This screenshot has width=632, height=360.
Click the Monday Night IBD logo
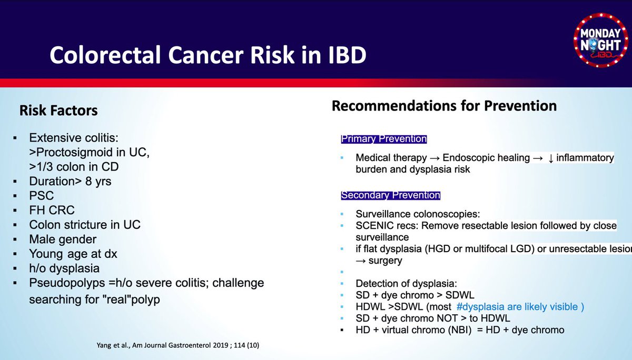pos(601,40)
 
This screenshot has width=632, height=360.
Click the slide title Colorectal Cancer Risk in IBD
pos(208,55)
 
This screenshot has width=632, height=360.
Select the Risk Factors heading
pos(58,110)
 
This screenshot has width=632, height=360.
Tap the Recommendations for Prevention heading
pos(444,106)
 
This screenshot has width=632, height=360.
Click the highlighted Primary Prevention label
pos(384,139)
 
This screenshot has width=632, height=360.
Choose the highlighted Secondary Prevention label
pos(390,195)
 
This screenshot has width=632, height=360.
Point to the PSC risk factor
pos(42,196)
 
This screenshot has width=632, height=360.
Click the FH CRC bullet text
pos(52,210)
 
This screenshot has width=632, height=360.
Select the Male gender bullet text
pos(63,239)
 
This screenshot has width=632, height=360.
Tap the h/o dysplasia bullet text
pos(64,268)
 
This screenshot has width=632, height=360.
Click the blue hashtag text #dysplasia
pos(480,306)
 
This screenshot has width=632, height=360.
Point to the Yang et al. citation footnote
pos(178,345)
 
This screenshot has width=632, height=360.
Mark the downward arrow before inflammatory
pos(550,158)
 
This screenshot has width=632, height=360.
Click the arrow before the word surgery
pos(361,261)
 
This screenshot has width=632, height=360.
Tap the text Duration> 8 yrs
pos(70,181)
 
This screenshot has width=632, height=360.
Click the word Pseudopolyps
pos(67,283)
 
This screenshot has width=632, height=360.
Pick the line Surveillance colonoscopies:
pos(418,214)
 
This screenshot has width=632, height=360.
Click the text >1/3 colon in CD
pos(74,167)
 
